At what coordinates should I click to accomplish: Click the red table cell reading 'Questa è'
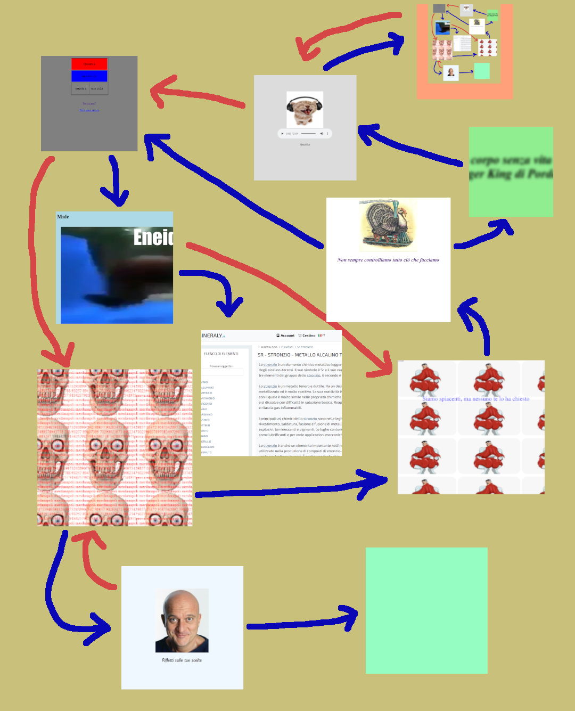(x=89, y=64)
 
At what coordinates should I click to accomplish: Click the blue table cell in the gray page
(x=89, y=76)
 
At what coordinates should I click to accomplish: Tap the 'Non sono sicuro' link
(x=89, y=110)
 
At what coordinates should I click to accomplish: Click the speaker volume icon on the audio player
(x=322, y=133)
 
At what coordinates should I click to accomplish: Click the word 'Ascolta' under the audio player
(x=305, y=144)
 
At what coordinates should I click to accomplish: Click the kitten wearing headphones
(x=305, y=109)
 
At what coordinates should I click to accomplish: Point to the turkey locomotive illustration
(x=388, y=225)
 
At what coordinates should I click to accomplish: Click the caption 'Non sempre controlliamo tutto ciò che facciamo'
(x=388, y=260)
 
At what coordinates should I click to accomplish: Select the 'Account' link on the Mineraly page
(x=286, y=336)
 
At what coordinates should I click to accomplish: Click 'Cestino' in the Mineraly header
(x=307, y=336)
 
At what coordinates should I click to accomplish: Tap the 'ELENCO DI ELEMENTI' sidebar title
(x=221, y=354)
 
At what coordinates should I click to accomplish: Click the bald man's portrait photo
(x=182, y=620)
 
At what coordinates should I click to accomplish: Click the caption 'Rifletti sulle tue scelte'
(x=182, y=660)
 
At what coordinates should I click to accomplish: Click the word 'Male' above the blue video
(x=63, y=217)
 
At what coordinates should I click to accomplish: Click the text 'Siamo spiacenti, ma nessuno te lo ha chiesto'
(x=475, y=398)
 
